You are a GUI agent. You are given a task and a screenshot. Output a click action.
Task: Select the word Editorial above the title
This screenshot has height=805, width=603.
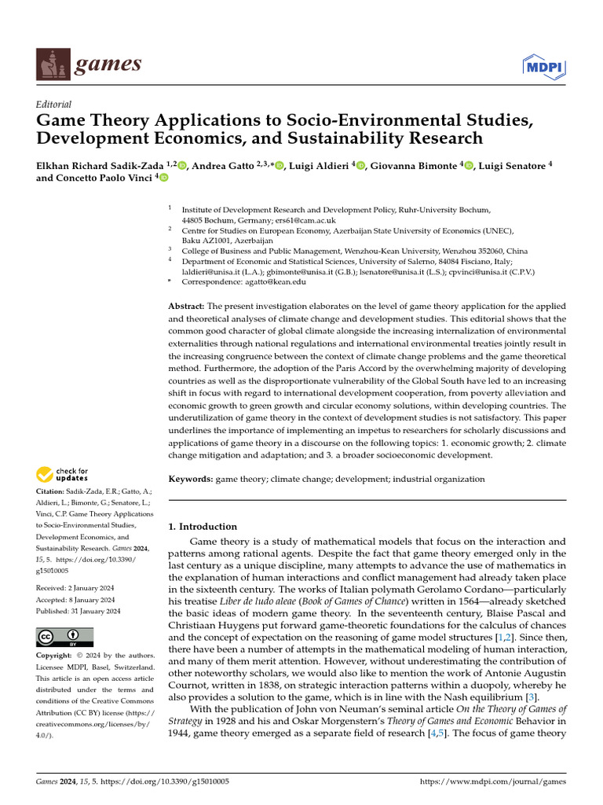pyautogui.click(x=54, y=104)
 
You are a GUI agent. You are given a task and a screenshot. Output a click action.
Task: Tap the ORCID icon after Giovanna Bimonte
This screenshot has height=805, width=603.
pyautogui.click(x=470, y=165)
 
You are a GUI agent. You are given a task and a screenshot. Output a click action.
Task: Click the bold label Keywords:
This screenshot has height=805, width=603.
pyautogui.click(x=191, y=479)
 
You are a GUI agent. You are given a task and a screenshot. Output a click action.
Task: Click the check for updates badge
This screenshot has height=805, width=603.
pyautogui.click(x=62, y=474)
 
